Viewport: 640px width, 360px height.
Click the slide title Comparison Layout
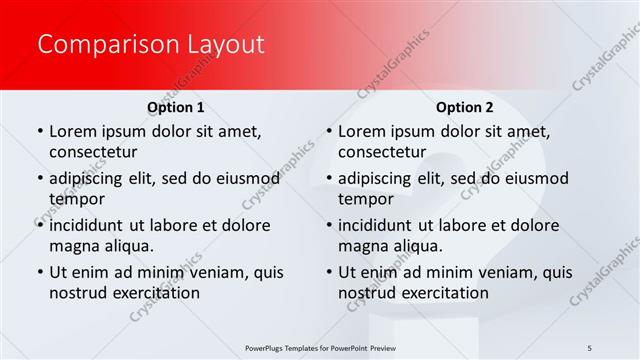150,45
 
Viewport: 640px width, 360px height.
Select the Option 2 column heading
464,106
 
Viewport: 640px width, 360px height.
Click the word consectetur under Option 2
382,152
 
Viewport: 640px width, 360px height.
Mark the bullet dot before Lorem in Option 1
39,131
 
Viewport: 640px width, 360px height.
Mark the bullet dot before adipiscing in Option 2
328,178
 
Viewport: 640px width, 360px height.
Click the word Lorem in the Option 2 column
361,131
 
